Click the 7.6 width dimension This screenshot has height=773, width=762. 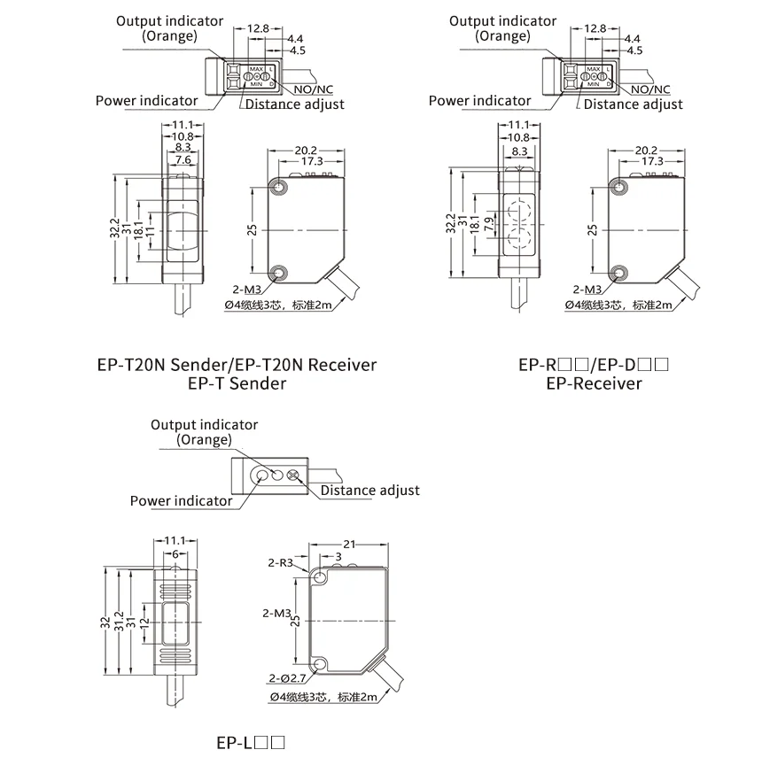[x=183, y=160]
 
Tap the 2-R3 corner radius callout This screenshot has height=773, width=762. [x=280, y=562]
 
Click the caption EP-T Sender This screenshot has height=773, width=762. [x=237, y=383]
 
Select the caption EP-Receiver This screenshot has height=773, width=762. [x=594, y=383]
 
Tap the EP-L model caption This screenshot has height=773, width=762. [x=251, y=744]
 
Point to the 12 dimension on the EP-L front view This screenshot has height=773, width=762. [x=145, y=627]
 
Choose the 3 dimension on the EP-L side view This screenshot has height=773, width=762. [x=338, y=556]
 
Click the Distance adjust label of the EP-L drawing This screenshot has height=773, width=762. [x=369, y=491]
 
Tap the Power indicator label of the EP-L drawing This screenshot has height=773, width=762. [x=181, y=501]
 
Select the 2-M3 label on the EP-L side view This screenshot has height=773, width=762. [x=278, y=613]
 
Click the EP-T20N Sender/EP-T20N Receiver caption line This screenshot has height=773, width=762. [x=237, y=365]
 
